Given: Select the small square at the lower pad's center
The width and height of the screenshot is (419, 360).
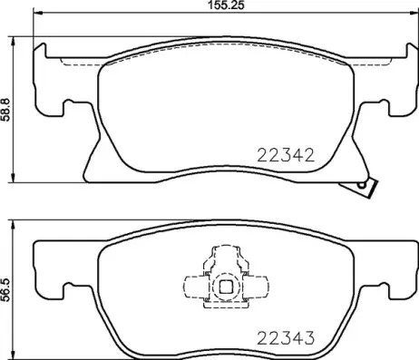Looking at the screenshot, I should (223, 288).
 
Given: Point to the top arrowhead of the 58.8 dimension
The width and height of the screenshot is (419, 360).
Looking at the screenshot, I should (14, 42).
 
